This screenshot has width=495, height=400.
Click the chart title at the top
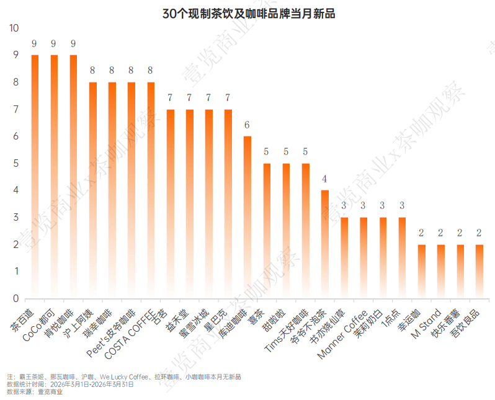click(248, 13)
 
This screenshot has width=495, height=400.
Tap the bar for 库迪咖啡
click(247, 217)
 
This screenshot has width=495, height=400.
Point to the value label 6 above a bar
click(247, 125)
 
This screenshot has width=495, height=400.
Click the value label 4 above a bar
click(324, 179)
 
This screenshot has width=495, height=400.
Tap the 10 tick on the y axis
click(14, 28)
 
